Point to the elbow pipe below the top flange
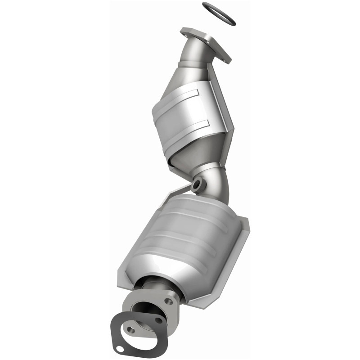193,56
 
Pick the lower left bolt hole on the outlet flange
131,330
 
